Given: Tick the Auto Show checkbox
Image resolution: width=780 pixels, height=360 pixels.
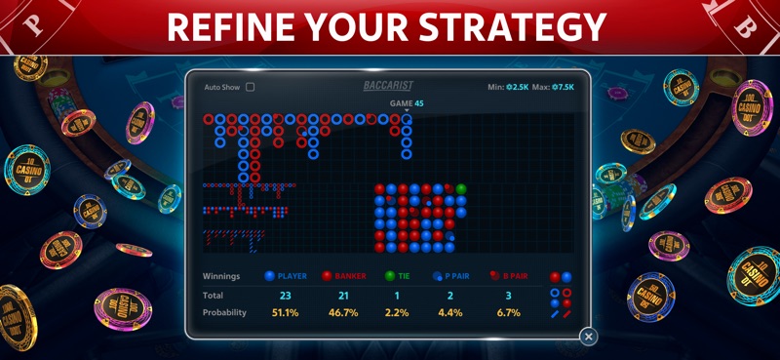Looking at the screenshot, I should (251, 87).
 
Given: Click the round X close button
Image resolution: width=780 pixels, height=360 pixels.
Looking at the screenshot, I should (588, 337).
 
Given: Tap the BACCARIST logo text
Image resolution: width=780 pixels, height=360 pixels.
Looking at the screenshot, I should (388, 86).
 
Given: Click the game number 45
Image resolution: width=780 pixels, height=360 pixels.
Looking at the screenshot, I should (418, 103).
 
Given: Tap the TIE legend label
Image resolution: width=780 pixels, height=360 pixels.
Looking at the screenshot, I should (404, 276).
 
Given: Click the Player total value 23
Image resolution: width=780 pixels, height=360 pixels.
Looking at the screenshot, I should (286, 295).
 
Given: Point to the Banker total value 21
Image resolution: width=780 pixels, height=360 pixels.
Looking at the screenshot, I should (343, 295).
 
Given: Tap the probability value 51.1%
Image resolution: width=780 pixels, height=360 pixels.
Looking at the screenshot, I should (286, 312).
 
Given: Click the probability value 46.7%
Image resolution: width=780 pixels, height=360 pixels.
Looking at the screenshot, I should (343, 312).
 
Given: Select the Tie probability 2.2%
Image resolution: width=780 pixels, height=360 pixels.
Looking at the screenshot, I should (397, 312).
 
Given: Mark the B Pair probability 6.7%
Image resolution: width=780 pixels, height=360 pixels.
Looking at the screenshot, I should (507, 312).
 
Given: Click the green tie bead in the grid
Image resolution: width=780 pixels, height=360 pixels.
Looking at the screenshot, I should (461, 189).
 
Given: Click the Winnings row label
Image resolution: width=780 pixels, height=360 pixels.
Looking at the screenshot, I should (221, 276).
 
